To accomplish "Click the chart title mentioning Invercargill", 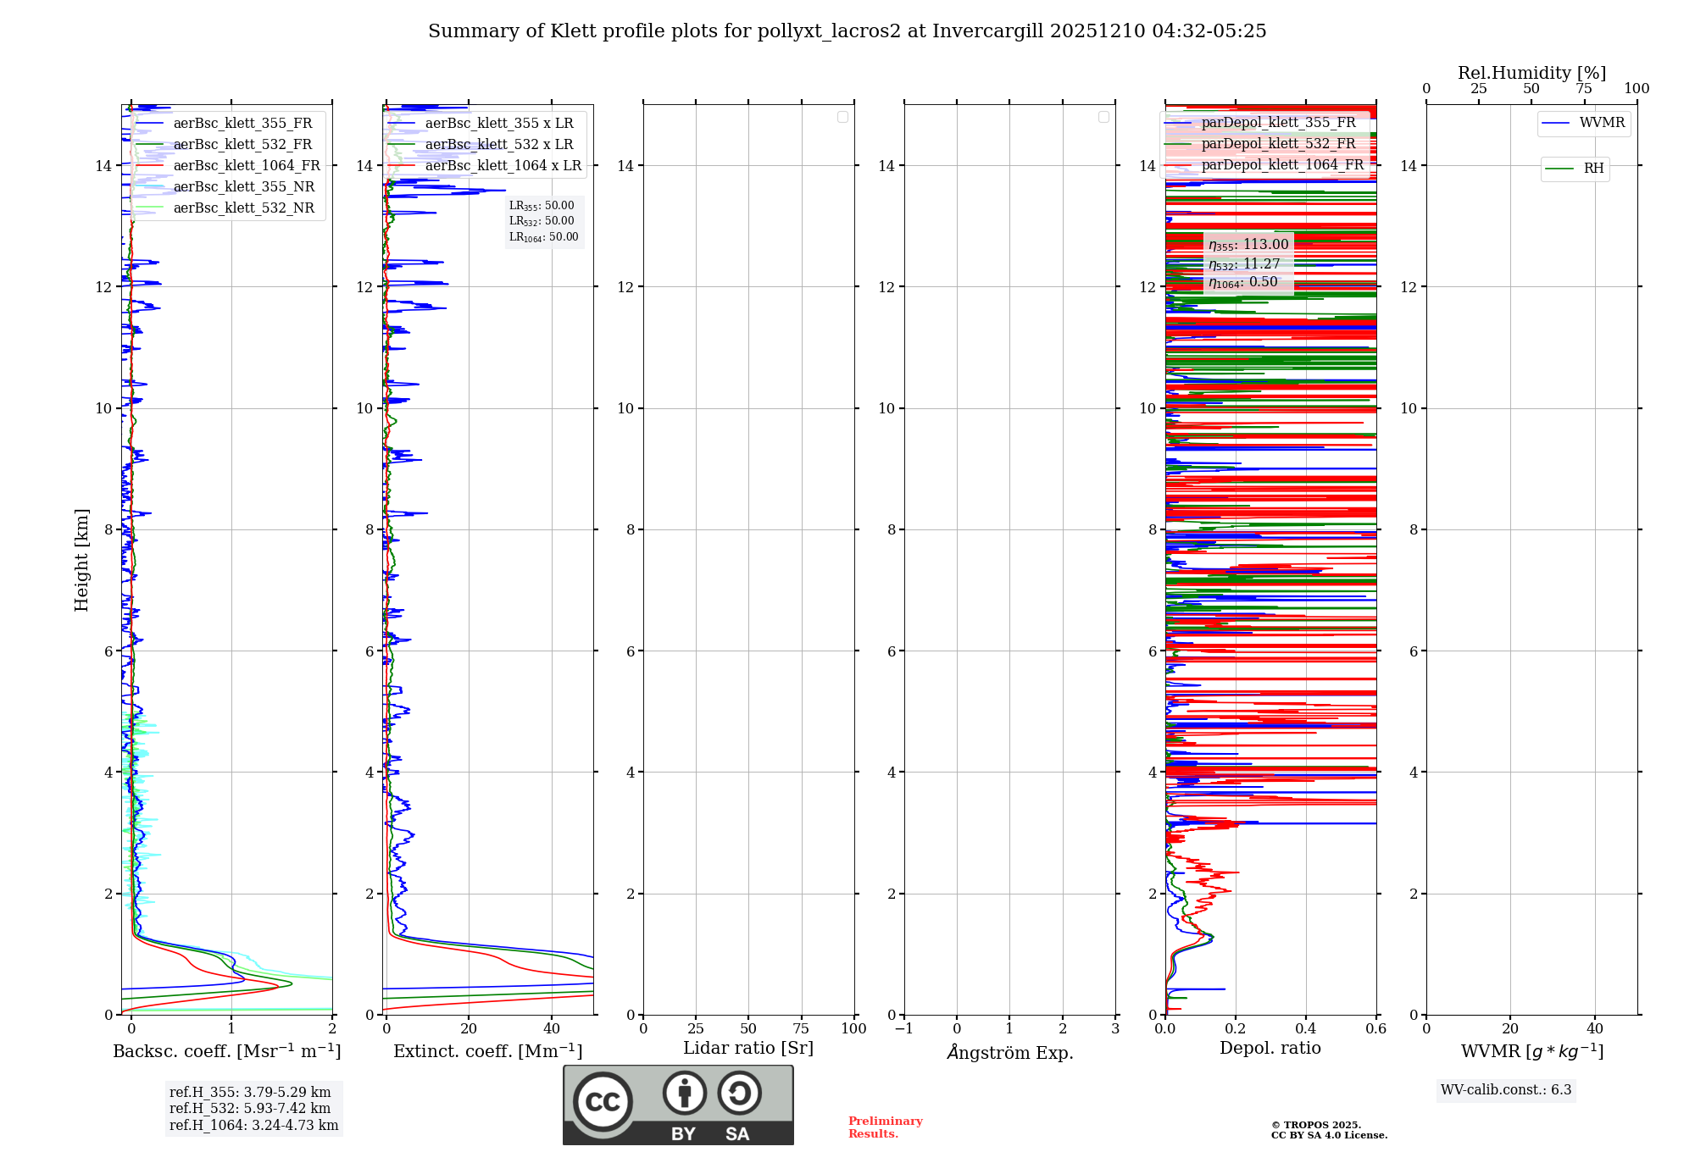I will pos(847,31).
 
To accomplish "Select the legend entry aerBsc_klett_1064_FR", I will pos(246,166).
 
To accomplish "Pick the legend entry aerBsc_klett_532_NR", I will pos(243,208).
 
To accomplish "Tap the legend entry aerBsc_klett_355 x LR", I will pos(498,124).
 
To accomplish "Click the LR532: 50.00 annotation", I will pos(542,221).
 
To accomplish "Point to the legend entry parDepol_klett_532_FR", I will pos(1278,144).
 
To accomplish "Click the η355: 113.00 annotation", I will pos(1248,245).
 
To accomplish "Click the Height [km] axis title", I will pos(81,560).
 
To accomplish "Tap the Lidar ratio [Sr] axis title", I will pos(748,1049).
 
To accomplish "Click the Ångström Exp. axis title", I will pos(1009,1053).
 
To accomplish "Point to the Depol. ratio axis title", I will pos(1270,1049).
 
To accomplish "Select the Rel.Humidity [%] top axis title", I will pos(1531,73).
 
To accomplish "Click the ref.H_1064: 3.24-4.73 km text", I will pos(253,1126).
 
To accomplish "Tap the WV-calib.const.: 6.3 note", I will pos(1506,1090).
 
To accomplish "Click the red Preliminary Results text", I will pos(885,1127).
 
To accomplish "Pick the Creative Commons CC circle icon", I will pos(603,1102).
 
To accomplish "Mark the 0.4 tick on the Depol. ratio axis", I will pos(1306,1029).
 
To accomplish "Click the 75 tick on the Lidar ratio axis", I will pos(801,1029).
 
